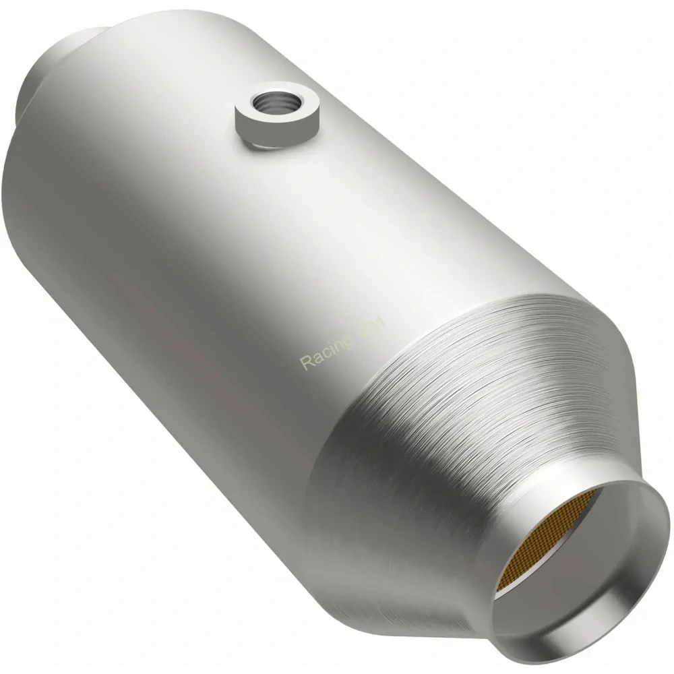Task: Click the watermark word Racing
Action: pyautogui.click(x=326, y=351)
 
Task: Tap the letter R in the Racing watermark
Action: pyautogui.click(x=305, y=363)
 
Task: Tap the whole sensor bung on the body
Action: pyautogui.click(x=276, y=115)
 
